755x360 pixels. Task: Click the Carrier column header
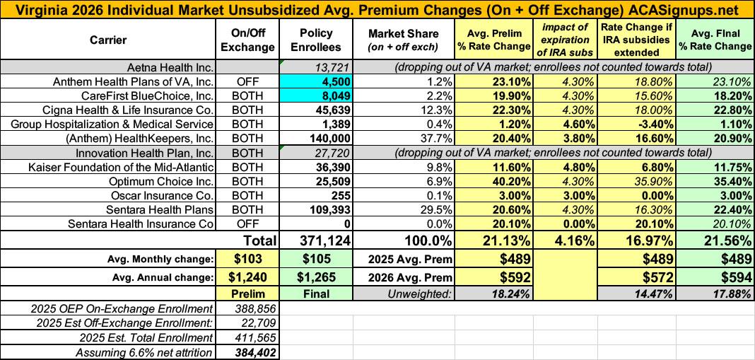click(x=108, y=40)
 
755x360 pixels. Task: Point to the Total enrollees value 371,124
click(x=312, y=241)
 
